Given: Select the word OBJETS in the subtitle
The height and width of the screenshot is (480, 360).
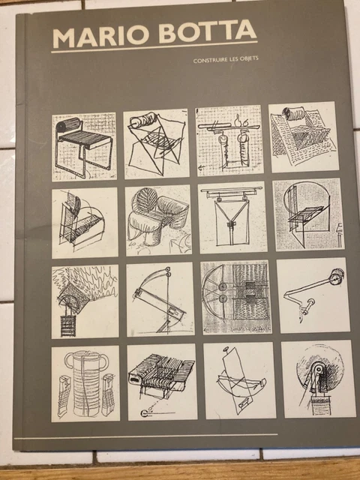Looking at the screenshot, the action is (250, 58).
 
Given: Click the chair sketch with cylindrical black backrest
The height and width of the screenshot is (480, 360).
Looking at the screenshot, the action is (84, 147).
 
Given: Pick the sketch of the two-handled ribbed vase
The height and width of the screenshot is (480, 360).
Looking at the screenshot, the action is (85, 383).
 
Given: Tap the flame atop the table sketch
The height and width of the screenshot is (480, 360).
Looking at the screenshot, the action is (238, 121).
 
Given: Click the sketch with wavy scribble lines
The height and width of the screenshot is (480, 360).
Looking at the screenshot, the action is (85, 301).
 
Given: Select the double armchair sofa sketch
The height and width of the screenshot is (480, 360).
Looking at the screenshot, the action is (158, 220).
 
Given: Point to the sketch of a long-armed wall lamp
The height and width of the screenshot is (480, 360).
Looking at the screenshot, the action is (313, 295).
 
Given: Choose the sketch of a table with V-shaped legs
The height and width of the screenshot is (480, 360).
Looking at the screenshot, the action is (232, 217).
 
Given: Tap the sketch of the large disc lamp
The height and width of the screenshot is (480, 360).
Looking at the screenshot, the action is (318, 379).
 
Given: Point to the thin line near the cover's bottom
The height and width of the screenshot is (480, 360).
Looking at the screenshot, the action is (145, 436).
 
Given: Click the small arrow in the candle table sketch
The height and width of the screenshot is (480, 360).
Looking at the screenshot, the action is (202, 167).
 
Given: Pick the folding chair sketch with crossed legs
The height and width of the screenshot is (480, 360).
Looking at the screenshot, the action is (156, 143).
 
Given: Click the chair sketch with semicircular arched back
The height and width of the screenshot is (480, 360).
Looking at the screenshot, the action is (308, 214).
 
